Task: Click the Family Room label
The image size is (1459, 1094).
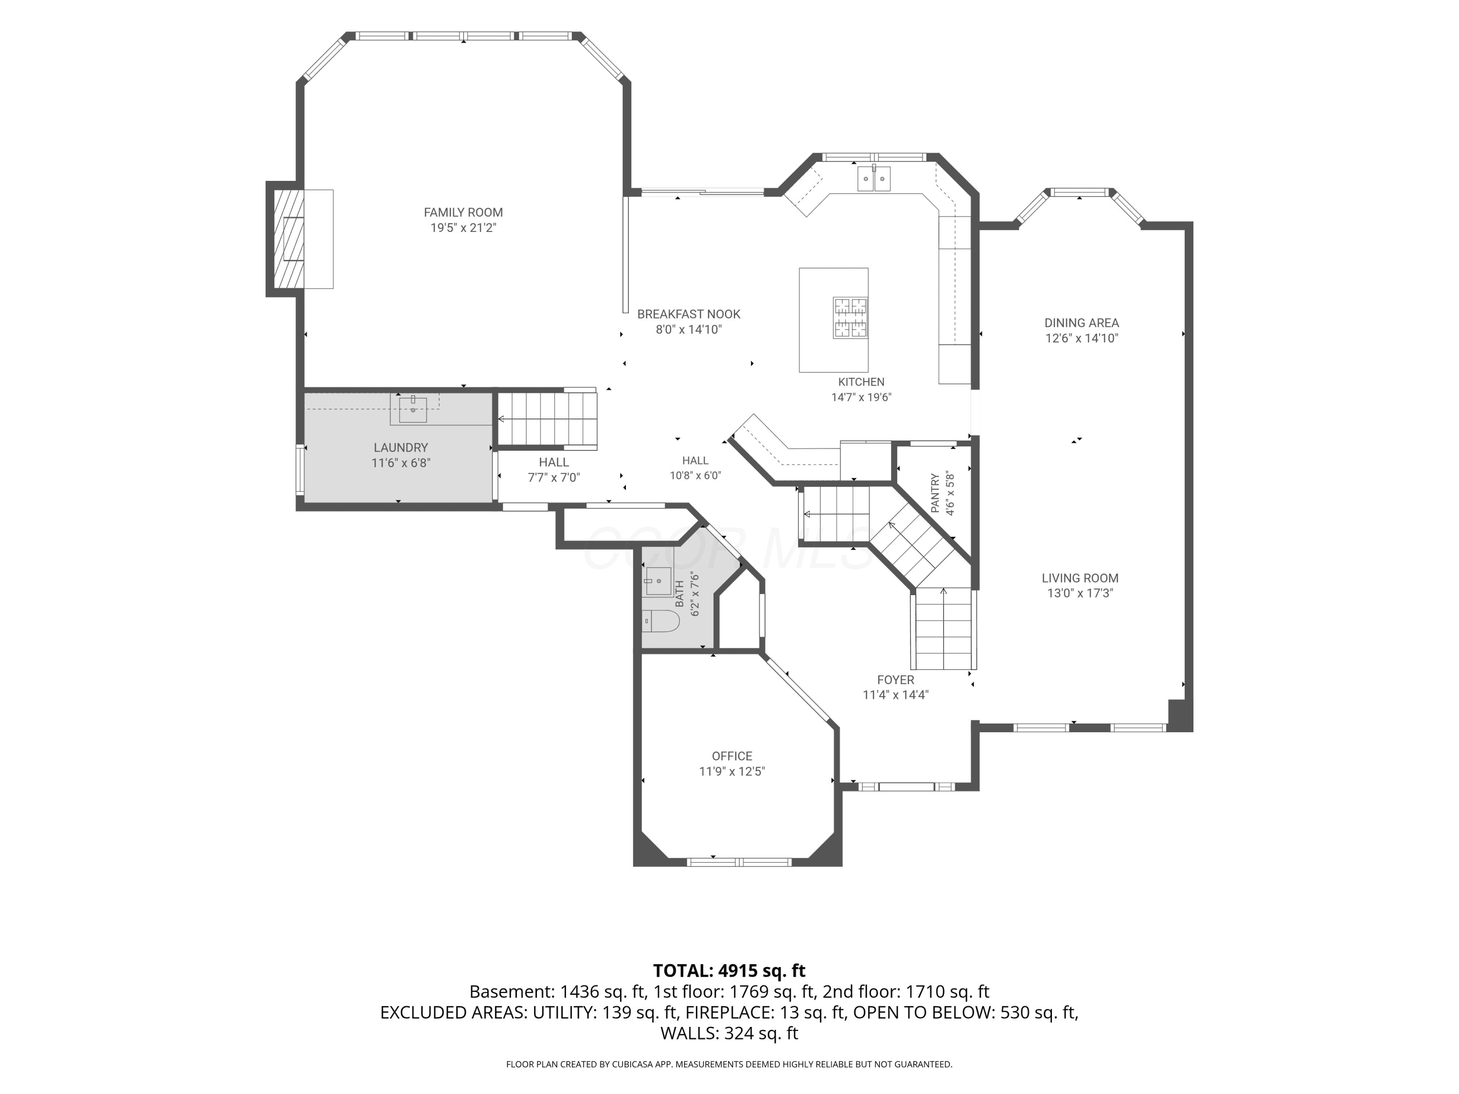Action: click(x=463, y=212)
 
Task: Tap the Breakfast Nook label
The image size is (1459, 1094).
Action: click(x=689, y=314)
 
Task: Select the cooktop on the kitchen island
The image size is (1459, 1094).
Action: click(x=850, y=318)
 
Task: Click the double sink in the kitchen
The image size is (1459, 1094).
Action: click(x=874, y=179)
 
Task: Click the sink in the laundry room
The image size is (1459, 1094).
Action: click(x=413, y=409)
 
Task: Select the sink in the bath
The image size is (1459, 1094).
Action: click(x=658, y=581)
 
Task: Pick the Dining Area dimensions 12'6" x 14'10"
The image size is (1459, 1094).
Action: click(x=1082, y=338)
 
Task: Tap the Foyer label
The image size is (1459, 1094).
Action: click(x=896, y=679)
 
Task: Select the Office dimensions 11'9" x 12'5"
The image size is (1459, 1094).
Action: click(x=732, y=772)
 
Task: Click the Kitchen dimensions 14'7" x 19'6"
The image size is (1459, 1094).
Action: click(x=861, y=397)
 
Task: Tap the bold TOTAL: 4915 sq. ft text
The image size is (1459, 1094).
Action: click(x=729, y=970)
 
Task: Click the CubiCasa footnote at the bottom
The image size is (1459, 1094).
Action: click(x=729, y=1064)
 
